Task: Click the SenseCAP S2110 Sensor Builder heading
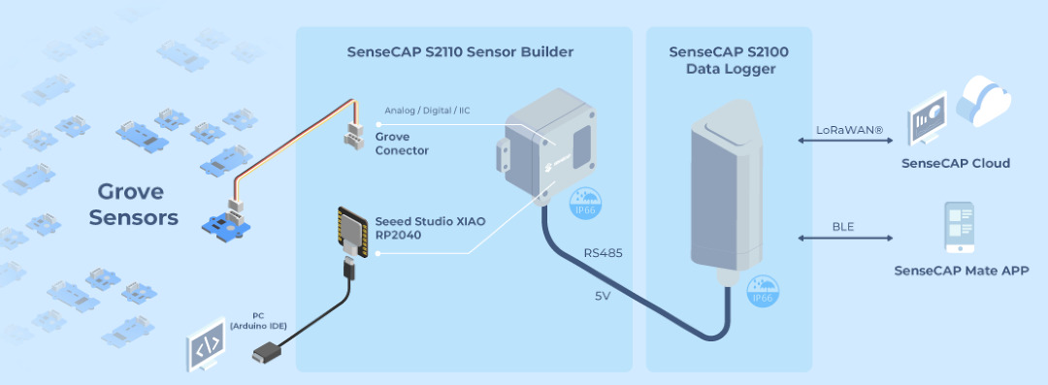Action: (460, 51)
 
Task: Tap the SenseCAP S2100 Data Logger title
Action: (729, 59)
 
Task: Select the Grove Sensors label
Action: (134, 205)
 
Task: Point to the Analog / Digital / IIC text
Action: (427, 111)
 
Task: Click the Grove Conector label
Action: (402, 144)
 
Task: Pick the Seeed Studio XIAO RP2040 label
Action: (430, 228)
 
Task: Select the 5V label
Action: (603, 296)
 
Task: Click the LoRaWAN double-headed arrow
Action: (845, 141)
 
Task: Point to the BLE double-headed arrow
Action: (845, 238)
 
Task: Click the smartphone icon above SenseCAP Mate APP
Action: (959, 227)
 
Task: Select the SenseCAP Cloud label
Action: (956, 163)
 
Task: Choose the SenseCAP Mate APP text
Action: (961, 271)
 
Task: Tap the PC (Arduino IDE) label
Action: (258, 321)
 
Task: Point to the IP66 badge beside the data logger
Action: (762, 292)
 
